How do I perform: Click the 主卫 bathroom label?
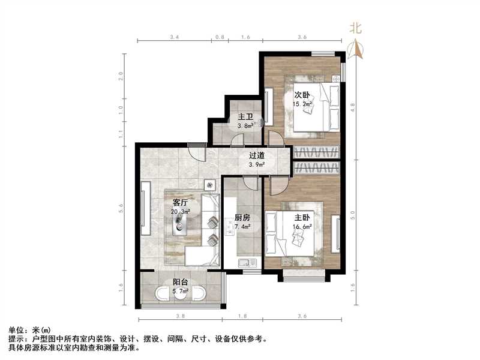245,116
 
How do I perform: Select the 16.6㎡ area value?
304,226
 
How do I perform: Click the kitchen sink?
246,263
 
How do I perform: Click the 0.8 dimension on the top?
220,37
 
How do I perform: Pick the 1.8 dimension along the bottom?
242,316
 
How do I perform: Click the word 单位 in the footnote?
16,330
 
